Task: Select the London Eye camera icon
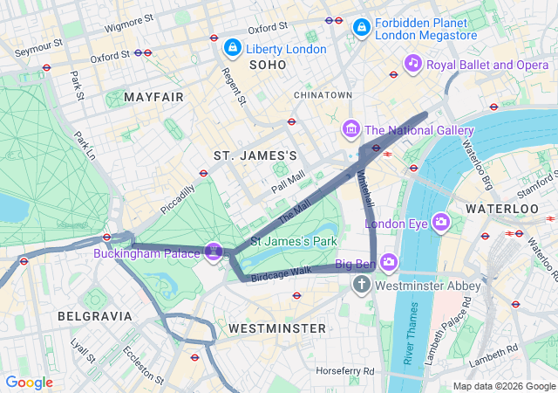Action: (x=440, y=223)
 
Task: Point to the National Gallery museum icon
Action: (x=351, y=130)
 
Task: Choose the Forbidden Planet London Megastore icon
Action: (x=360, y=28)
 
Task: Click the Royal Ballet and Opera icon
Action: (x=413, y=63)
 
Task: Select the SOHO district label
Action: (x=269, y=65)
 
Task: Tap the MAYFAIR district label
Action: (x=155, y=97)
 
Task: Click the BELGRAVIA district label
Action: (x=94, y=315)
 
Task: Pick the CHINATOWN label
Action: (x=323, y=94)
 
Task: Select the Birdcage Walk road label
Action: (x=281, y=272)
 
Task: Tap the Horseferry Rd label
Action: (x=344, y=371)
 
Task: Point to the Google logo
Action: (x=29, y=382)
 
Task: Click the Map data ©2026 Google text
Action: (x=503, y=386)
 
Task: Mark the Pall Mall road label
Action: (x=288, y=182)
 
